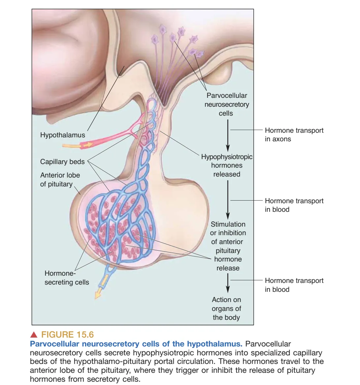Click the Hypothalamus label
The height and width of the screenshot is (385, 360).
tap(62, 135)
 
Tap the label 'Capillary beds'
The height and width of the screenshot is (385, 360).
tap(62, 162)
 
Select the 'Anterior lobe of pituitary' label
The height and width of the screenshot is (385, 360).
tap(60, 179)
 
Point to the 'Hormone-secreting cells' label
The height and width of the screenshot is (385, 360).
tap(67, 278)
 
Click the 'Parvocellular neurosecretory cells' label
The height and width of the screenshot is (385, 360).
tap(226, 104)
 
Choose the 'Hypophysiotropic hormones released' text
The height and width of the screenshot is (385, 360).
tap(227, 165)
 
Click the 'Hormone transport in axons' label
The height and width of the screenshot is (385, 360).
tap(294, 135)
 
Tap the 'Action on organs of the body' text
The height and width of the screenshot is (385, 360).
tap(226, 309)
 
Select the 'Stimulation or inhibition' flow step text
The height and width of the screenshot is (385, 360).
tap(228, 246)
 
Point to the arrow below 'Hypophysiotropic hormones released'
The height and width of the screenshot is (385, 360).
tap(227, 199)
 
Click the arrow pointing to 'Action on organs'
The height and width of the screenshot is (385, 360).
tap(227, 283)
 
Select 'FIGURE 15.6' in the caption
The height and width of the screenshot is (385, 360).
tap(67, 335)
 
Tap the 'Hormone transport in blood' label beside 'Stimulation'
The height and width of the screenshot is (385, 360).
tap(294, 205)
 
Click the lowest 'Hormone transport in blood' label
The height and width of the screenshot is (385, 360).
tap(294, 285)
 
